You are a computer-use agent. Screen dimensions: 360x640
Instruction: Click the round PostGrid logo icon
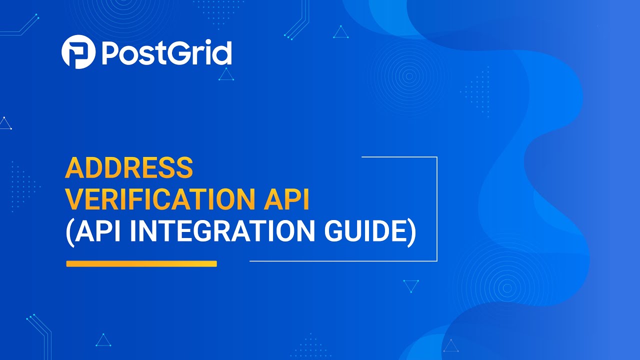[78, 52]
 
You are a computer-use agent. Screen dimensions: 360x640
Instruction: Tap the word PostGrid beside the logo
[166, 53]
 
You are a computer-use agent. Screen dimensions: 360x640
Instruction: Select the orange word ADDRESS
[129, 168]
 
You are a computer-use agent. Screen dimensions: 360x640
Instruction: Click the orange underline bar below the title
[141, 263]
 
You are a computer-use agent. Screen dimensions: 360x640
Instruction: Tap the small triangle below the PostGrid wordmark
[226, 75]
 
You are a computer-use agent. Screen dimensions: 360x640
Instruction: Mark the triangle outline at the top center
[341, 32]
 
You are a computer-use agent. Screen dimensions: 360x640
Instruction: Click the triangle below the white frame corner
[411, 286]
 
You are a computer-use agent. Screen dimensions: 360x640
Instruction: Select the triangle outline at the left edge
[5, 123]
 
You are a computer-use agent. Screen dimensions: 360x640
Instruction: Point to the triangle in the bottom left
[103, 340]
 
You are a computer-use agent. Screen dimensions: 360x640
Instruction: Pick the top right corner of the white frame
[436, 157]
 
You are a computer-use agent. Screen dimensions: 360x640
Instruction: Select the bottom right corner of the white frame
[436, 260]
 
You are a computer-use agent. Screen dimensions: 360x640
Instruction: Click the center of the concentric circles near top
[409, 76]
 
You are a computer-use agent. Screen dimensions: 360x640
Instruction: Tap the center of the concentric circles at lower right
[507, 288]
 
